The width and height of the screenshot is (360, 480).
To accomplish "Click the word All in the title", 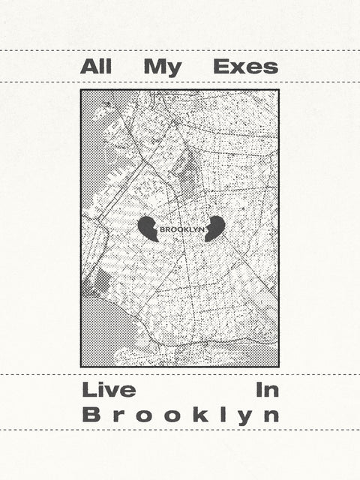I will pyautogui.click(x=95, y=67).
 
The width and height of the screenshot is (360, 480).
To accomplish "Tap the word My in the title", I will pyautogui.click(x=163, y=67).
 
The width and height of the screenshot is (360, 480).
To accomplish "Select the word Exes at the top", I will pyautogui.click(x=245, y=67).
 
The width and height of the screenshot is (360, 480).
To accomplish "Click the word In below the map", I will pyautogui.click(x=267, y=390).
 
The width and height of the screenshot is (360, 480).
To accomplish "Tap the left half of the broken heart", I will pyautogui.click(x=148, y=228).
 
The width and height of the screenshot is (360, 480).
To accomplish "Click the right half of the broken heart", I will pyautogui.click(x=214, y=228).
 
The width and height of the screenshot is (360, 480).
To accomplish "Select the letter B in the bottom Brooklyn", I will pyautogui.click(x=88, y=414).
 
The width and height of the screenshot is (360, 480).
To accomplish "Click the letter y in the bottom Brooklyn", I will pyautogui.click(x=244, y=417).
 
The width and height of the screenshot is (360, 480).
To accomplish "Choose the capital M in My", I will pyautogui.click(x=154, y=67).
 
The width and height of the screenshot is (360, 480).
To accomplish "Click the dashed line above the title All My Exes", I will pyautogui.click(x=180, y=51).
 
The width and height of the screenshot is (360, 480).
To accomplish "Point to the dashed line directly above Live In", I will pyautogui.click(x=180, y=374).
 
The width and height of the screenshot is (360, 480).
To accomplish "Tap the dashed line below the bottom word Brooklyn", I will pyautogui.click(x=180, y=430).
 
